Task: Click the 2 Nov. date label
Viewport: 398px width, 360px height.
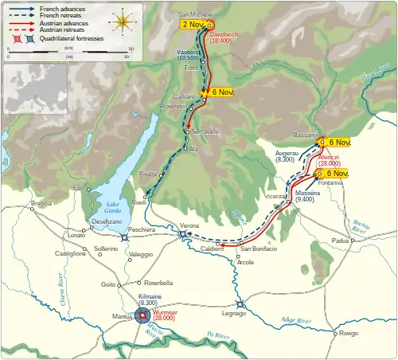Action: (x=195, y=25)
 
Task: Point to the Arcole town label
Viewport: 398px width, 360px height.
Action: (x=246, y=261)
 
